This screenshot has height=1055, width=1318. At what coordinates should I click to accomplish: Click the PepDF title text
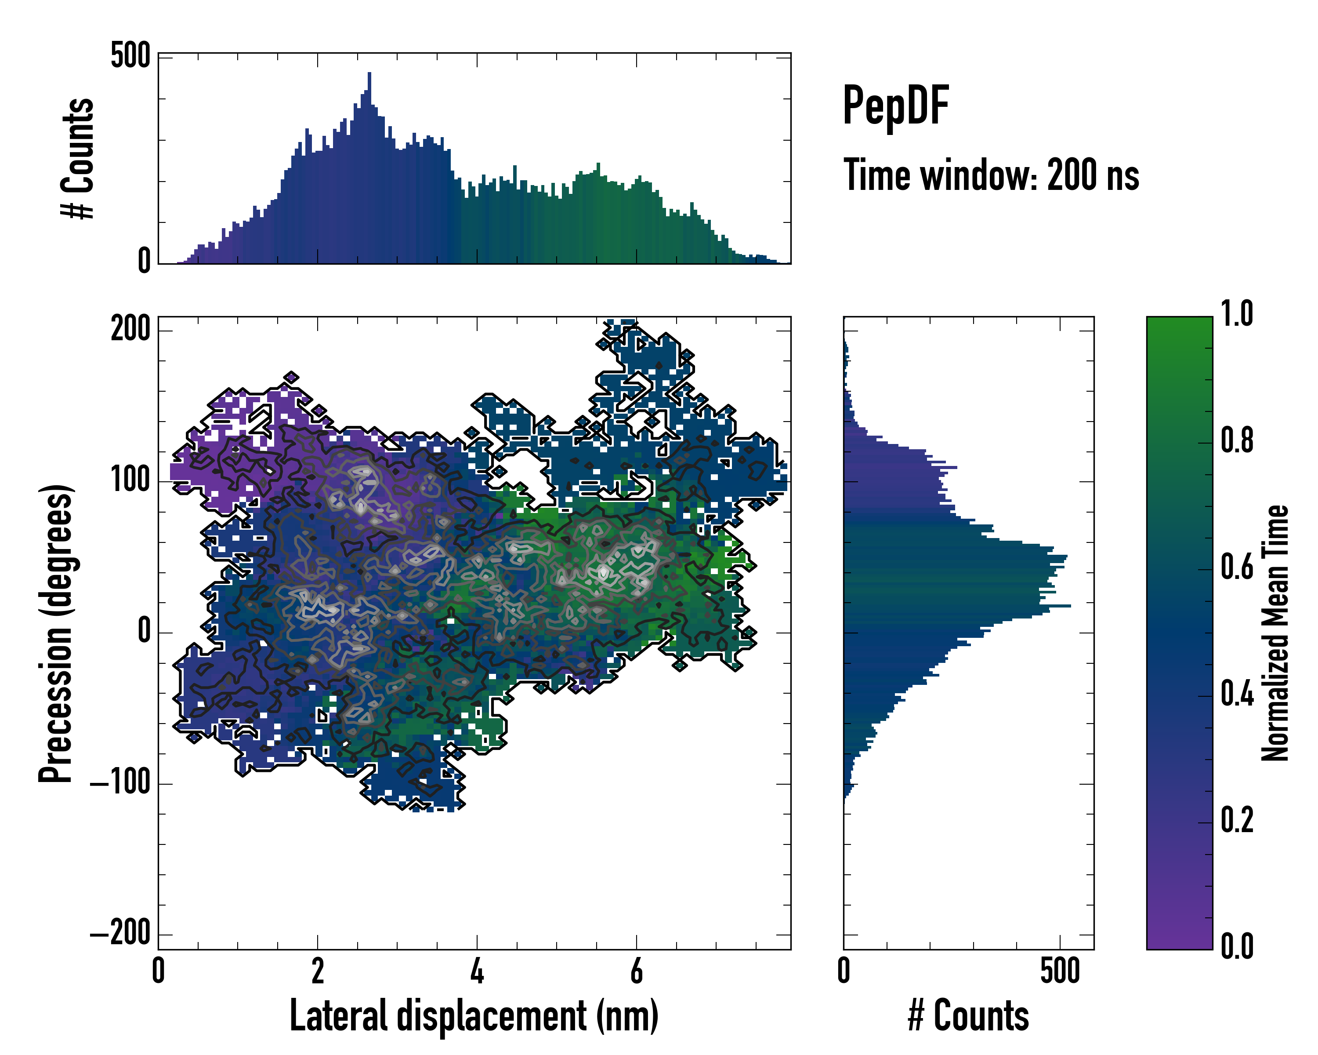(x=895, y=106)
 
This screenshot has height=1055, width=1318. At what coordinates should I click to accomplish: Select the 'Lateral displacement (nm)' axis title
(x=474, y=1016)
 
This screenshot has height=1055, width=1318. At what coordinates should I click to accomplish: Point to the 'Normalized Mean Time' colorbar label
(x=1275, y=633)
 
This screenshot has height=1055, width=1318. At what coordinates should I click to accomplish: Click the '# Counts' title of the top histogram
(x=78, y=158)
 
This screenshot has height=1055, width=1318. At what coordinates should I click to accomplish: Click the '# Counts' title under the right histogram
(x=968, y=1016)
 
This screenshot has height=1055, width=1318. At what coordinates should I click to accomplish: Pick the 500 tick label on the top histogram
(x=130, y=56)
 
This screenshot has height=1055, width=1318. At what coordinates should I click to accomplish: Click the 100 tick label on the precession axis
(x=130, y=481)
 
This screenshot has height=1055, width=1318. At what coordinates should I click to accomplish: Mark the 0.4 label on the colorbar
(x=1237, y=695)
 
